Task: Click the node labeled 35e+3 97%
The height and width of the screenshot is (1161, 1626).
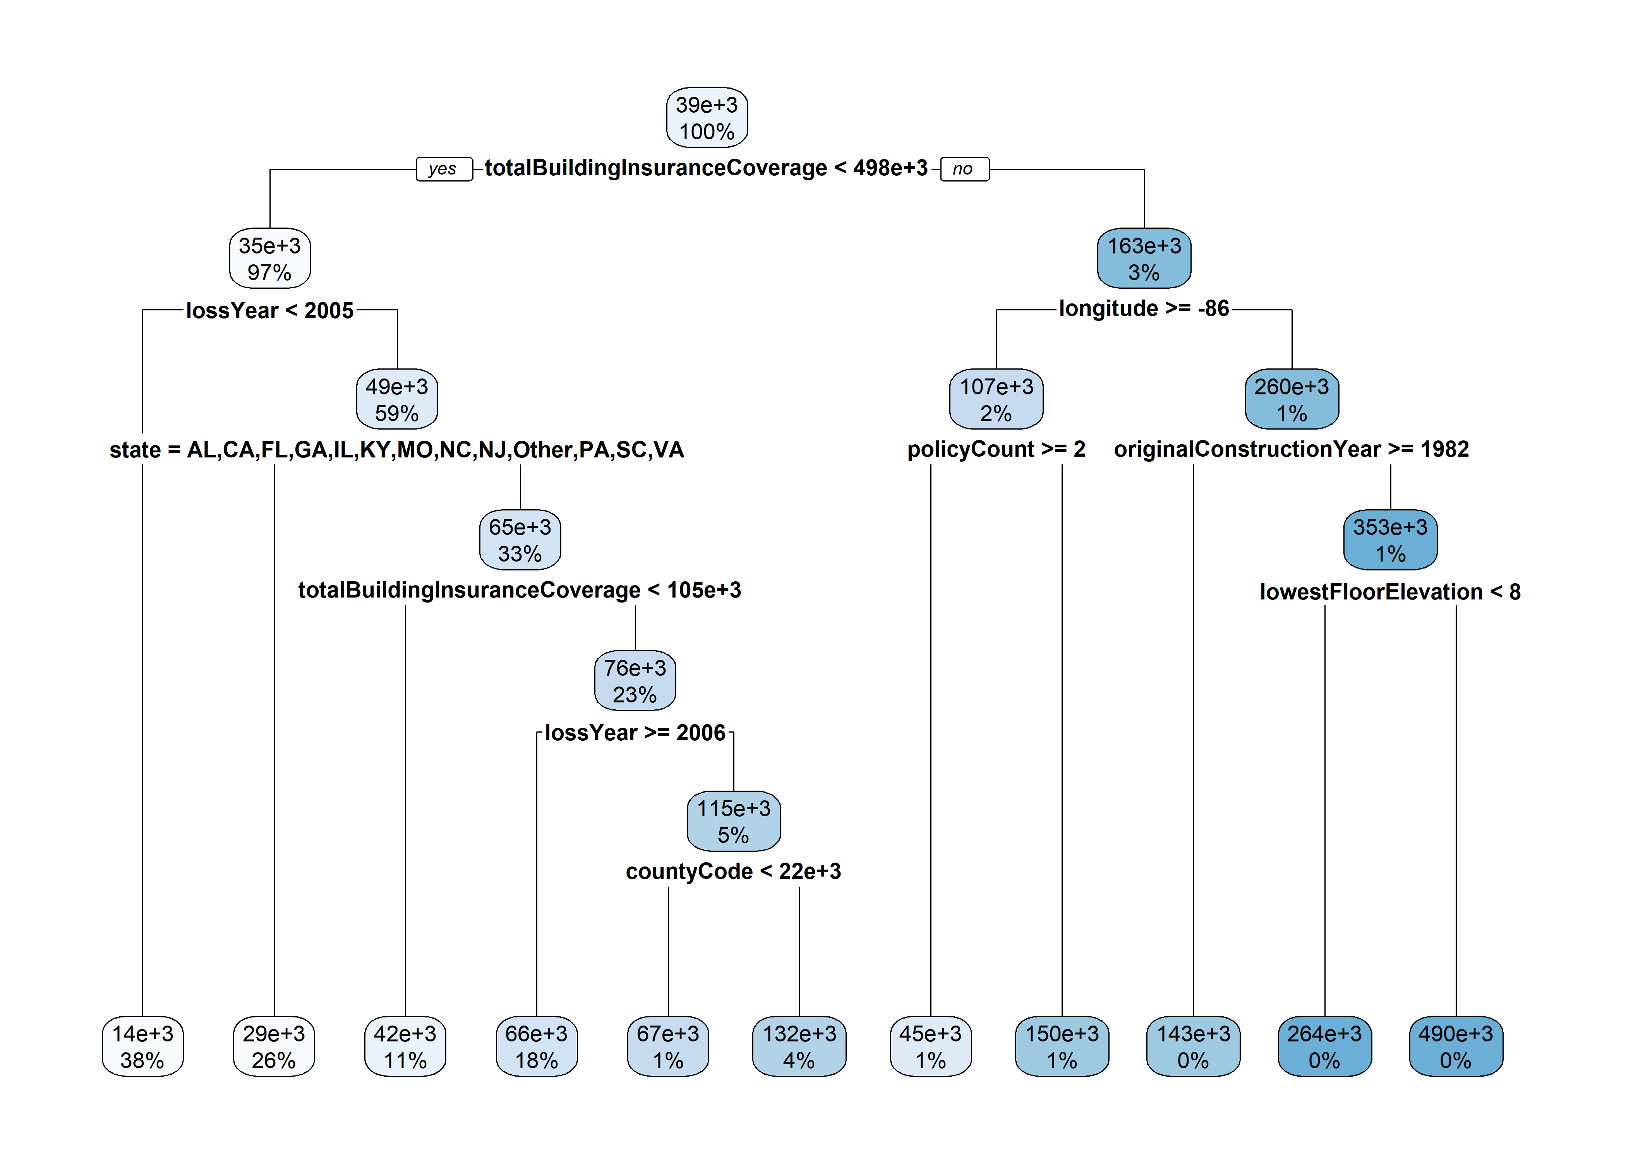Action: tap(269, 258)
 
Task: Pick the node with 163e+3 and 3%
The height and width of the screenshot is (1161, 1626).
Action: tap(1144, 258)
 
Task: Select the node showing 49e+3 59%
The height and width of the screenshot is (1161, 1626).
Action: tap(397, 399)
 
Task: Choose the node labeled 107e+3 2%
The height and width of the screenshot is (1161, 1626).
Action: tap(996, 399)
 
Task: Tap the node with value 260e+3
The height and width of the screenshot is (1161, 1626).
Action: tap(1292, 399)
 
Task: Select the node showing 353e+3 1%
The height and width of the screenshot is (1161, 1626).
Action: tap(1390, 540)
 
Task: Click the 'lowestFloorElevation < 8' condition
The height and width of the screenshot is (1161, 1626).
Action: tap(1390, 592)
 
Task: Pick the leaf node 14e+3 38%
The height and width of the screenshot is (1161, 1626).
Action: tap(142, 1046)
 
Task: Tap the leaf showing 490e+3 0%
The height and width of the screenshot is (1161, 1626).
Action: tap(1456, 1046)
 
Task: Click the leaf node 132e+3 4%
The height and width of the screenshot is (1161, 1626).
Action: tap(799, 1046)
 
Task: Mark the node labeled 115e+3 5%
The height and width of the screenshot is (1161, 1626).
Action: tap(734, 822)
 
